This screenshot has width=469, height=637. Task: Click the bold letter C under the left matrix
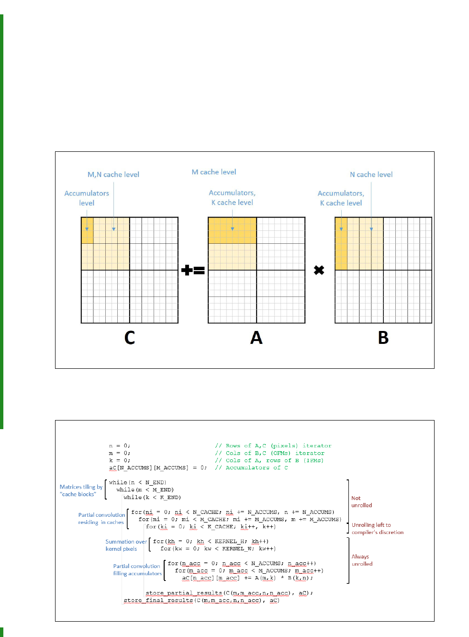130,338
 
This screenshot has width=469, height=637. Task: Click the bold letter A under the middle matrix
257,338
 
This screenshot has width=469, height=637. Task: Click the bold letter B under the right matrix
383,338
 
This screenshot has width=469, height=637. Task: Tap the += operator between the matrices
193,271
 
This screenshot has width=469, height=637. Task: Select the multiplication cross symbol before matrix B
319,271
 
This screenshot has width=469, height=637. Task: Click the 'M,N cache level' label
113,175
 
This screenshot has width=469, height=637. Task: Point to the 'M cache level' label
214,172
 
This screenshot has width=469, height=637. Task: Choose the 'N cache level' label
371,175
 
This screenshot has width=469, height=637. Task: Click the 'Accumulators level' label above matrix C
87,198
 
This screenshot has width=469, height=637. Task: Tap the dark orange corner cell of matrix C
87,230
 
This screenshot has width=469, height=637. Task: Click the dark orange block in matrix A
232,230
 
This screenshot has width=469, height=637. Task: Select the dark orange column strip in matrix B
341,243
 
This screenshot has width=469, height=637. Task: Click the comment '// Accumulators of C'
251,468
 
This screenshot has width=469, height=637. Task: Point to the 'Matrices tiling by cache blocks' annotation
81,490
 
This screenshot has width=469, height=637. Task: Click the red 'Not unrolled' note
361,501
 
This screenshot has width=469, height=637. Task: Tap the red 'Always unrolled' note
362,560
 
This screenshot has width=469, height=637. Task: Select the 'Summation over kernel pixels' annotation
126,545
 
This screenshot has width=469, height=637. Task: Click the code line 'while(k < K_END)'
152,498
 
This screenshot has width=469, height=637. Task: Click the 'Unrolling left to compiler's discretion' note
377,528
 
